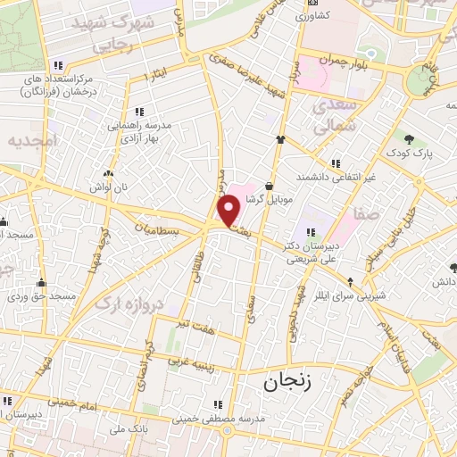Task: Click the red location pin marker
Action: [229, 212]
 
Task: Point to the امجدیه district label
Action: [32, 141]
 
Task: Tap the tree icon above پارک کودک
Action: [410, 138]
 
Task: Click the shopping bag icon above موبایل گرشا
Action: [281, 185]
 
